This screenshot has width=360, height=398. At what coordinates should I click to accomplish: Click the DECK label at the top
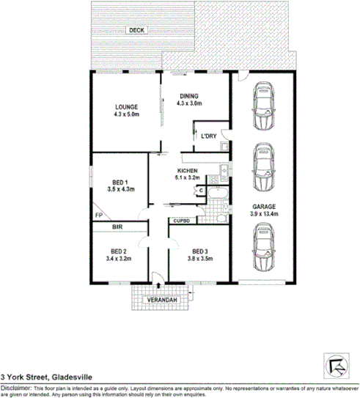click(136, 30)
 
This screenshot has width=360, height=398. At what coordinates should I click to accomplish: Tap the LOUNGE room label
click(125, 106)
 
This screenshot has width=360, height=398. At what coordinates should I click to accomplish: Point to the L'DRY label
click(209, 136)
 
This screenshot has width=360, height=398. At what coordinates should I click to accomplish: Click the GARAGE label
click(265, 206)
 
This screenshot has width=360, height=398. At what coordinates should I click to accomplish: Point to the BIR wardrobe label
click(117, 228)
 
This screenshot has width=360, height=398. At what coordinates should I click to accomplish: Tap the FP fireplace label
click(98, 215)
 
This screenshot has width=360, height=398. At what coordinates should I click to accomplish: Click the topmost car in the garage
click(265, 108)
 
